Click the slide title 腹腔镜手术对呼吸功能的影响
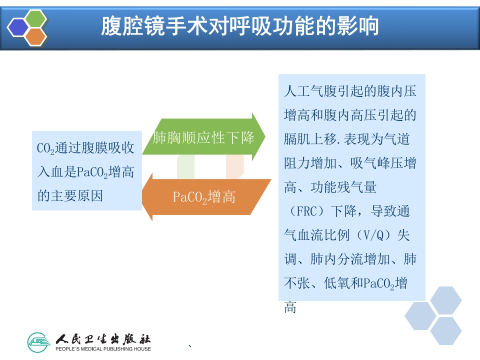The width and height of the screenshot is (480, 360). [x=240, y=26]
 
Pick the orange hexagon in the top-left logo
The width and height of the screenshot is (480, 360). [x=35, y=36]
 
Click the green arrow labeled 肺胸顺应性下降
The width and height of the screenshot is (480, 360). [x=204, y=137]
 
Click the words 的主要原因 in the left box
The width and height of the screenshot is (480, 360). [x=70, y=196]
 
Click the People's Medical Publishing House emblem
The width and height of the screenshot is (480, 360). [x=39, y=341]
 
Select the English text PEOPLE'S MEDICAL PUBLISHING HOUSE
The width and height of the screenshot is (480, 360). [x=103, y=348]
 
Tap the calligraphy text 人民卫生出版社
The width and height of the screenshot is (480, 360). [x=103, y=338]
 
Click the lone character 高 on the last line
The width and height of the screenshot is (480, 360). [x=290, y=307]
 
